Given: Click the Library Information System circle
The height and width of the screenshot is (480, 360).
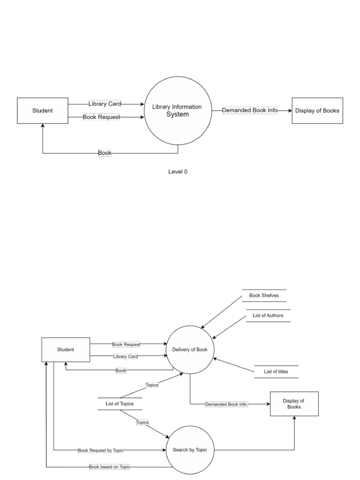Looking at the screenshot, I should tap(178, 111).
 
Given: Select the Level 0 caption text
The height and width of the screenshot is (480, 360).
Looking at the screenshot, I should tap(178, 172).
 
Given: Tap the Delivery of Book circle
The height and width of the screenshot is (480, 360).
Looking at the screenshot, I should tap(190, 350).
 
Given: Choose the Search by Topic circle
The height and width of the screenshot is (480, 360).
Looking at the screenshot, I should tap(190, 450).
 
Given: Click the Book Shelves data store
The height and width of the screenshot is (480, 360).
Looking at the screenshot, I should tap(264, 296).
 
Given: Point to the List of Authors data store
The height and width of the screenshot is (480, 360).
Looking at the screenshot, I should tap(268, 316).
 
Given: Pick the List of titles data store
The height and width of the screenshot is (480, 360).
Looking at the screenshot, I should tap(276, 372).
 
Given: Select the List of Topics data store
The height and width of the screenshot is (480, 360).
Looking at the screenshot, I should tap(120, 404).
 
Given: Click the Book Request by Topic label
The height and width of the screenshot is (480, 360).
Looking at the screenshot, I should tap(101, 450).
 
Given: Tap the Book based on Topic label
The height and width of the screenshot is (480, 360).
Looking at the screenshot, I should tap(109, 467).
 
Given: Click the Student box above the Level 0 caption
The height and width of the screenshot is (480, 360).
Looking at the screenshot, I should tap(43, 111).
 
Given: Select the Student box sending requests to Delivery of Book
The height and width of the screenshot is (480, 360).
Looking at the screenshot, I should tap(66, 350).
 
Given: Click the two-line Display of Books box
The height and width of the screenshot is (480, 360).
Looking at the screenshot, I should tap(294, 404).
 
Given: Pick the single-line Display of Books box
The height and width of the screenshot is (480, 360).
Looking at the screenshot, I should tap(317, 111).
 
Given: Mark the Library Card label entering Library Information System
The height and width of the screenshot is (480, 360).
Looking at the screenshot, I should tap(105, 104).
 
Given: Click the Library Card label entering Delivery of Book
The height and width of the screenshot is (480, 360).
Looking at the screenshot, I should tap(126, 357).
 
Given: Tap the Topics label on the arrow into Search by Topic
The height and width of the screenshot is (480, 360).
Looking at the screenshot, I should tap(142, 422).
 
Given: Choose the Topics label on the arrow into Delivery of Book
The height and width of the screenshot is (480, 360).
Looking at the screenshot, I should tap(152, 385).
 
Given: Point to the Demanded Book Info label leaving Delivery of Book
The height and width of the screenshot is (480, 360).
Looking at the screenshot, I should tap(226, 404).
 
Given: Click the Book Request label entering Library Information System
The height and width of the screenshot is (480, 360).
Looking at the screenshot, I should tap(101, 117).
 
